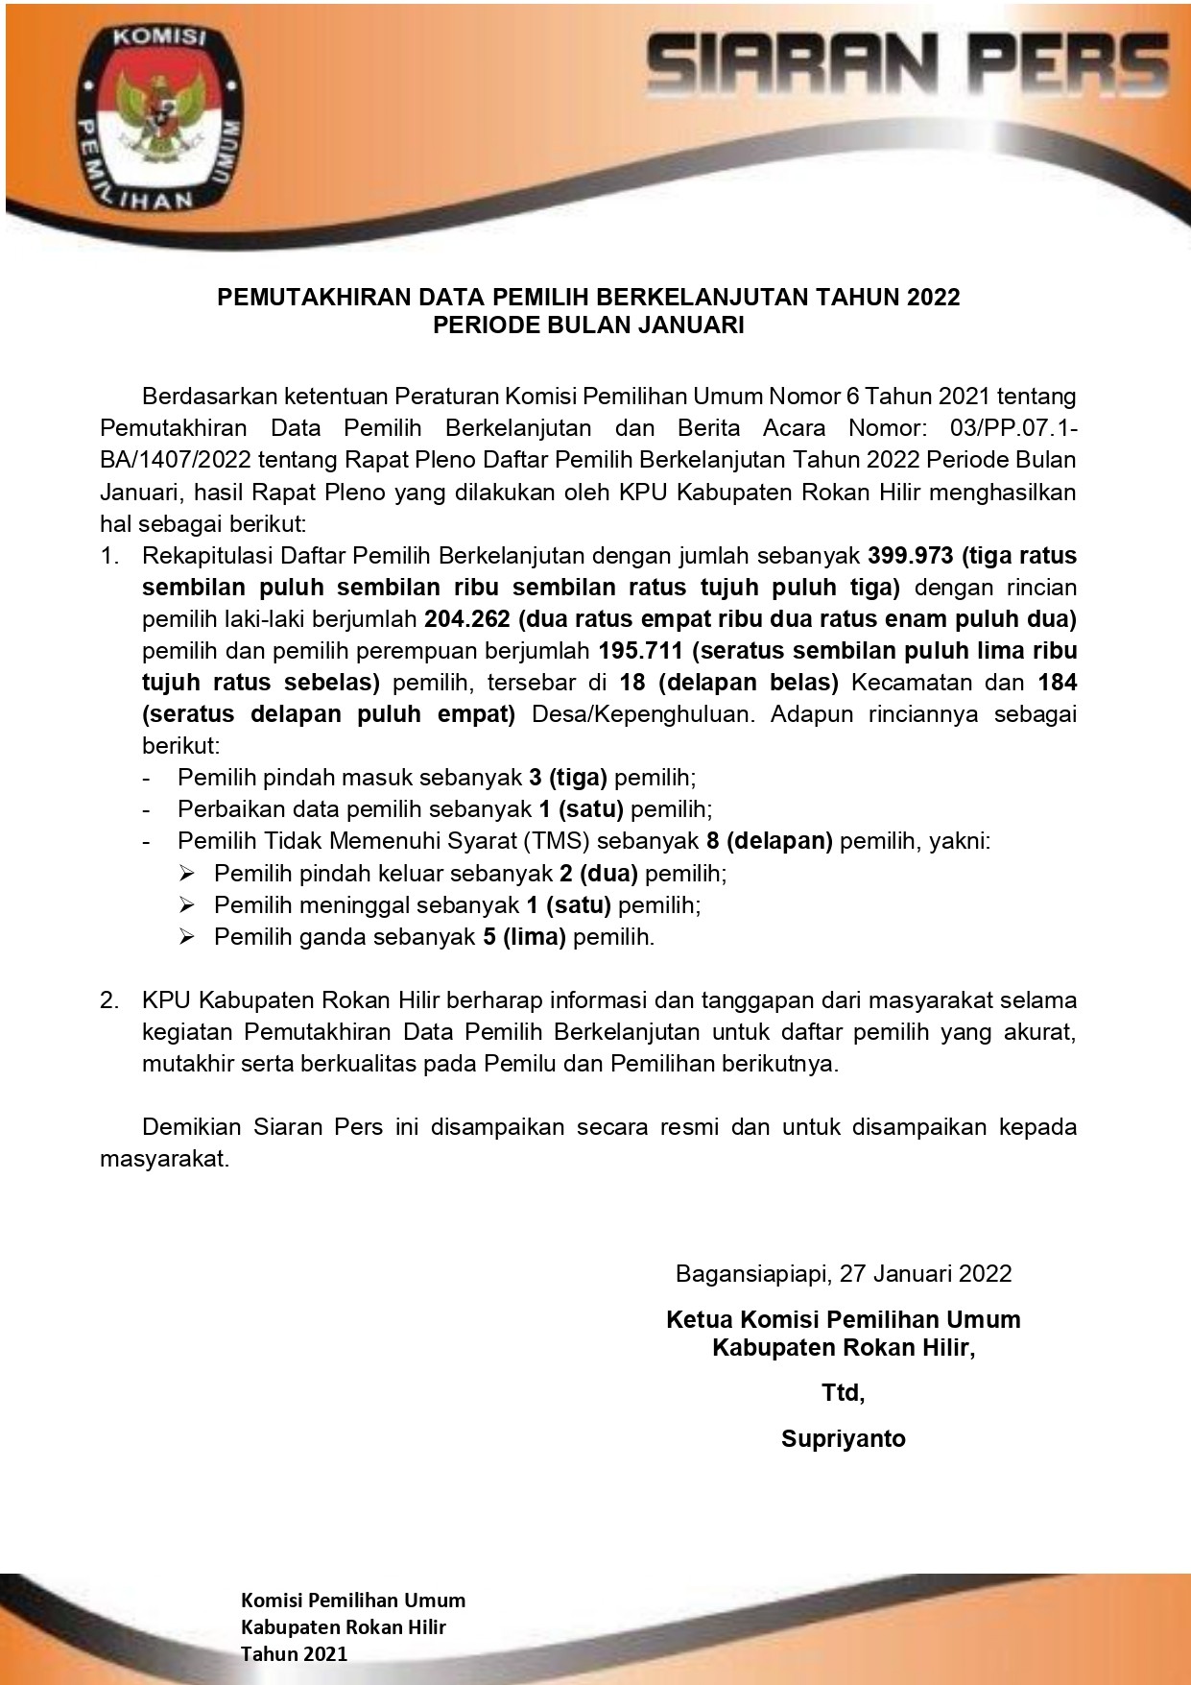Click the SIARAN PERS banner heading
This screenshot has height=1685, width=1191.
click(x=908, y=64)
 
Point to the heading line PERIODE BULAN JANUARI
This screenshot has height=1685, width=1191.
click(x=588, y=325)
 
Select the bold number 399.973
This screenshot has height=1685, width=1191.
click(x=911, y=556)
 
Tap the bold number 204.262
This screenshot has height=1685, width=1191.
click(x=467, y=619)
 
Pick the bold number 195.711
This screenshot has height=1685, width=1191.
click(x=640, y=651)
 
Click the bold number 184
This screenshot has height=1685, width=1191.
click(x=1058, y=683)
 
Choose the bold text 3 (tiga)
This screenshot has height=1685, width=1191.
click(x=568, y=778)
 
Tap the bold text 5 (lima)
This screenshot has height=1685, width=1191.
click(x=524, y=936)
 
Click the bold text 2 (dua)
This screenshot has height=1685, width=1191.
click(x=599, y=873)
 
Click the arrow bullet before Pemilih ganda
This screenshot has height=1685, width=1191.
click(x=187, y=936)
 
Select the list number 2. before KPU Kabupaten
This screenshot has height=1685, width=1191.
click(x=110, y=1000)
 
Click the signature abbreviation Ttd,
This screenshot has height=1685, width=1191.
click(x=843, y=1392)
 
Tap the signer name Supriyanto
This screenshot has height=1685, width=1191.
click(x=843, y=1438)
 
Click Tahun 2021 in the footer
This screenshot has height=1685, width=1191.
click(x=294, y=1653)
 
